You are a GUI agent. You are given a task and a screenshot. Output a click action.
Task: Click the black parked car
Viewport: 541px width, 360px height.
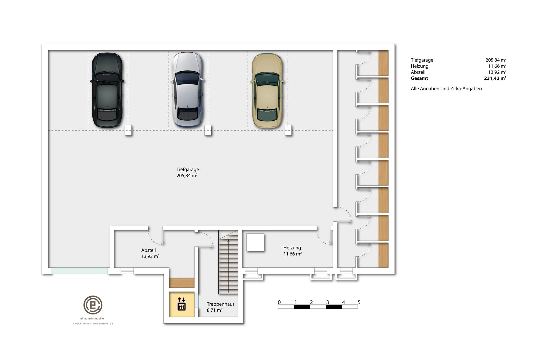pos(107,91)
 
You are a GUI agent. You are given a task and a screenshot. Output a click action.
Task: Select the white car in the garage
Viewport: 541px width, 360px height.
pos(187,90)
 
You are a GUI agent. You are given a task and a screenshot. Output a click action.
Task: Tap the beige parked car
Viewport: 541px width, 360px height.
pos(267,91)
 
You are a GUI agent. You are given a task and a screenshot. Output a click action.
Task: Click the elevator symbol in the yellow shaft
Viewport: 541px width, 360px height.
pos(181,304)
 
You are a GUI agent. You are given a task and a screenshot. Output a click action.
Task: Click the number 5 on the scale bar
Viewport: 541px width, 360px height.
pos(359,302)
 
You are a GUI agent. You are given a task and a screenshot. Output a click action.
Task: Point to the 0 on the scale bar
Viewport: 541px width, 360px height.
pos(279,302)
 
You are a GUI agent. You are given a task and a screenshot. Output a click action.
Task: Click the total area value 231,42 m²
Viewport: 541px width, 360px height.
pos(495,78)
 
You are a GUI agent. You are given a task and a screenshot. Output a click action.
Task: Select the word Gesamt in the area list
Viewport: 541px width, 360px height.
pos(419,78)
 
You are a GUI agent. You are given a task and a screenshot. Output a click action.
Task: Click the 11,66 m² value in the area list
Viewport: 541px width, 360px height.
pos(497,66)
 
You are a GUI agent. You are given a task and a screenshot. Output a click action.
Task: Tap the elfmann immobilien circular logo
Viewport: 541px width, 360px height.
pos(93,305)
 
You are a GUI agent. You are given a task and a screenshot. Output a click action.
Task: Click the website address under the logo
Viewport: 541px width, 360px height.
pos(93,324)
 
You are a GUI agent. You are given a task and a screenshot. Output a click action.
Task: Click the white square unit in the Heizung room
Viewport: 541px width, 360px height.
pos(255,242)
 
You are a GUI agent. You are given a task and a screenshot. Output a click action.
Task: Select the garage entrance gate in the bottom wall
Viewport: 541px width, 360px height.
pos(80,270)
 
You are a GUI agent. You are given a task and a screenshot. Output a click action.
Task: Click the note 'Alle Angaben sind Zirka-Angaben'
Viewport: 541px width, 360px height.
pos(446,89)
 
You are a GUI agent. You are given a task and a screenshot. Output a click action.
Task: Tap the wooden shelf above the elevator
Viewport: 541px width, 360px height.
pos(181,283)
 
